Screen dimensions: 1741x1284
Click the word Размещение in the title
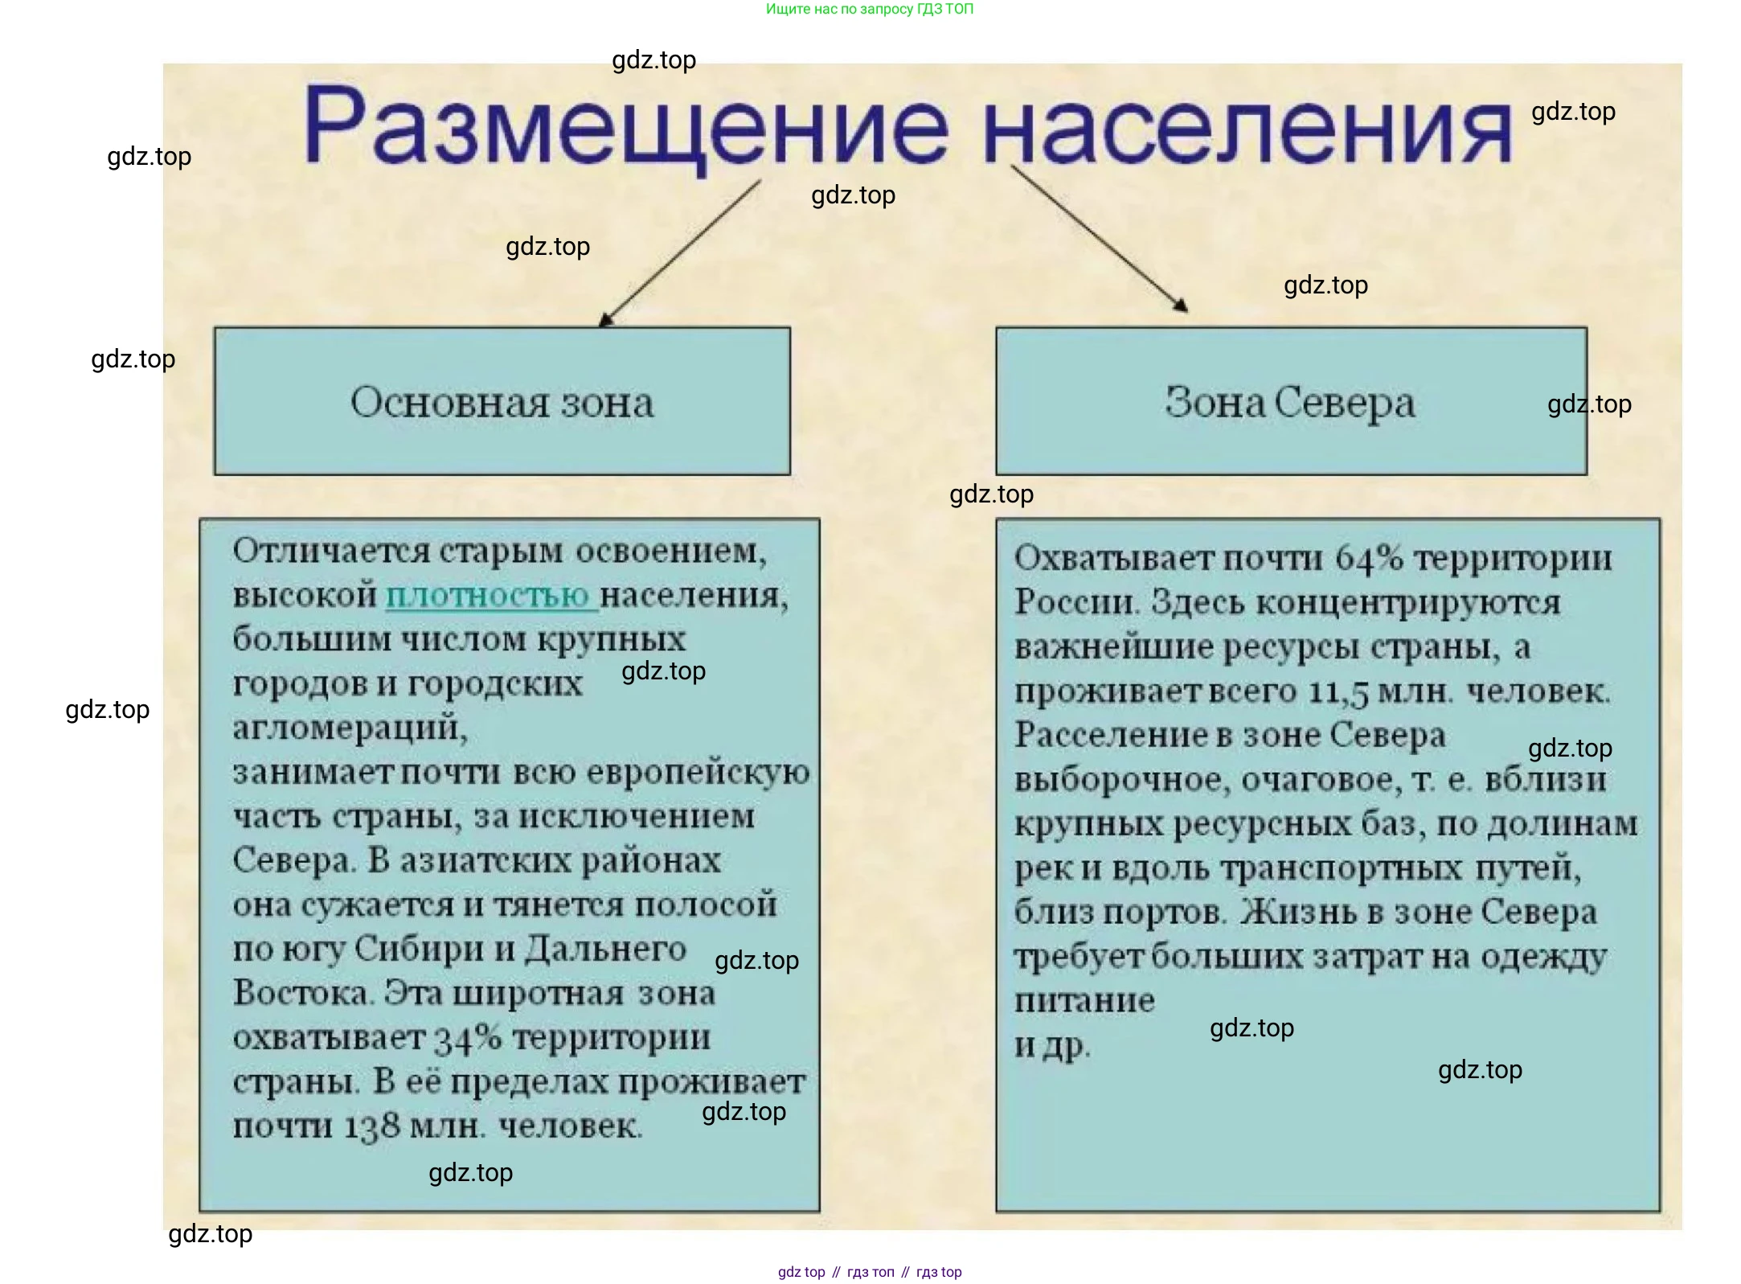(626, 129)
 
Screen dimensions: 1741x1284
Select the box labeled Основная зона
(502, 401)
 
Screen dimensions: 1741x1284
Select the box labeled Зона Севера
(1291, 401)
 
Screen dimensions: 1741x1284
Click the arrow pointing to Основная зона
(680, 252)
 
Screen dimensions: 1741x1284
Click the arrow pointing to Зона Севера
(1099, 238)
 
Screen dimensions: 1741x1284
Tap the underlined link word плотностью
(490, 596)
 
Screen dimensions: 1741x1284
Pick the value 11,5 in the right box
(1338, 691)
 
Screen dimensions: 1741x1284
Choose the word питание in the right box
(1084, 1001)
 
